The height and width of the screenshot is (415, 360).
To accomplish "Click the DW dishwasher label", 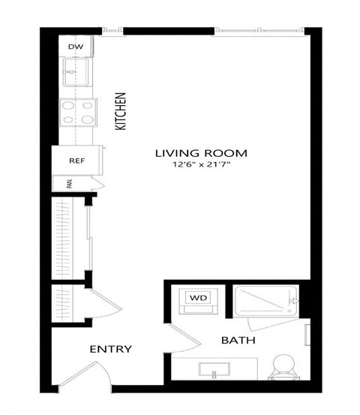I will tap(74, 47).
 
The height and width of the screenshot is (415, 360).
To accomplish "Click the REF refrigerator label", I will tap(76, 161).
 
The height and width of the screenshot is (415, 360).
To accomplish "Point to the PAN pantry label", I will tap(67, 185).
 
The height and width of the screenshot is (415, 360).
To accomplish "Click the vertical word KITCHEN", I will tap(119, 112).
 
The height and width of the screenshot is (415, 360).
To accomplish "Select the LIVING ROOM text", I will tap(200, 153).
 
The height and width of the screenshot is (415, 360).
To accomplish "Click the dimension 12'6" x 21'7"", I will tap(200, 166).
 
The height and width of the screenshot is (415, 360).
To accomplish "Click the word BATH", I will tap(238, 340).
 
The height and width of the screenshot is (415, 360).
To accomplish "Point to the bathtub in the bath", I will tap(264, 302).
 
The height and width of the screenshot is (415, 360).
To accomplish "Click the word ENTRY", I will tap(111, 349).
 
